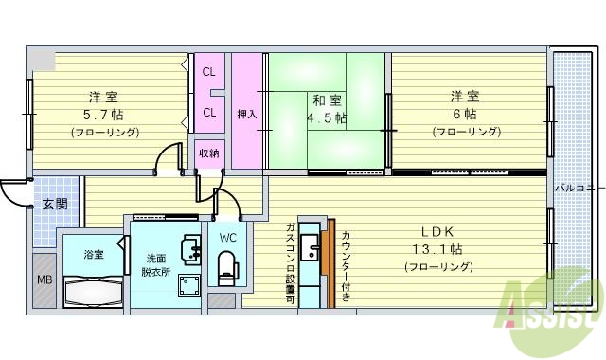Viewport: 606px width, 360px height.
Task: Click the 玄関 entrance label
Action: pos(53,204)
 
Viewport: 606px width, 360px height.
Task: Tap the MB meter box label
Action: pos(45,279)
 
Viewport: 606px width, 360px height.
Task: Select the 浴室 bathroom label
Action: pos(93,255)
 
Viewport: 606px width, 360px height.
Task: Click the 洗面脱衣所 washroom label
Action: pos(157,264)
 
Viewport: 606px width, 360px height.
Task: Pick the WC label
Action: pos(228,237)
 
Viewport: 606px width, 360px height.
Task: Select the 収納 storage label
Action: pos(208,153)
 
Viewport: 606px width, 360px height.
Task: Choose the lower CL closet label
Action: pos(208,113)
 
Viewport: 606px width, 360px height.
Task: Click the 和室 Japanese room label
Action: pos(327,100)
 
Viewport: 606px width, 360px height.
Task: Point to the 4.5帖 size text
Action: pos(327,118)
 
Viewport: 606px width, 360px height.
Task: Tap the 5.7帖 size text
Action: pos(104,114)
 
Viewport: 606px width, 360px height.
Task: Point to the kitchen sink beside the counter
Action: pos(310,251)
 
